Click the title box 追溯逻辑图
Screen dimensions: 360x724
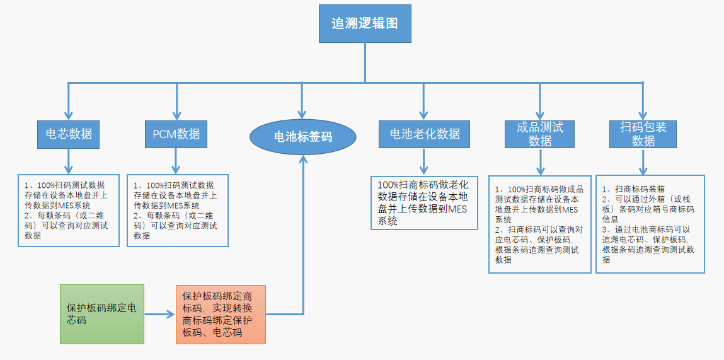pos(365,24)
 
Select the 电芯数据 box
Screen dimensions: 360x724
pos(69,134)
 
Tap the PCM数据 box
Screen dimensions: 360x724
pos(176,134)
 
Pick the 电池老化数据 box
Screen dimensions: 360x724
pos(424,134)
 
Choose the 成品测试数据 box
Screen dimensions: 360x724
pos(540,134)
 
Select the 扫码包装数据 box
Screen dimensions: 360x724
pos(643,134)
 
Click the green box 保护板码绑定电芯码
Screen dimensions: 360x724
pos(102,314)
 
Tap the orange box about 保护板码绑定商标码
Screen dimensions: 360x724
pos(221,314)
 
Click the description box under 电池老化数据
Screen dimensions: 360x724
pos(424,203)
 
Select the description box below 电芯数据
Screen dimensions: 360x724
pos(69,211)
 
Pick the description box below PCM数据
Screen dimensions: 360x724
pos(178,211)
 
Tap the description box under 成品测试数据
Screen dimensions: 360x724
pos(540,224)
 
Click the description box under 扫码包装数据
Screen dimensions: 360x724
pos(650,224)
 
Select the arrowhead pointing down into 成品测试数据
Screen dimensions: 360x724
pos(540,114)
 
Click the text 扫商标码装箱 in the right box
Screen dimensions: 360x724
pos(634,189)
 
